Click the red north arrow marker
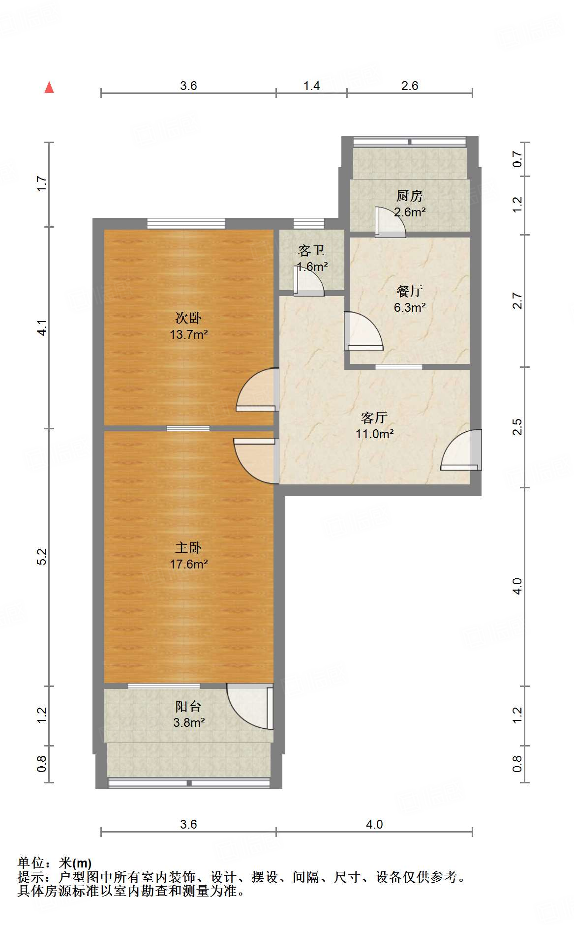pyautogui.click(x=49, y=88)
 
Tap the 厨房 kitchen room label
pyautogui.click(x=409, y=196)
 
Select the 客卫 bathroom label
pyautogui.click(x=311, y=251)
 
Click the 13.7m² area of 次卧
pyautogui.click(x=188, y=335)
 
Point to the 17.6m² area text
pyautogui.click(x=188, y=564)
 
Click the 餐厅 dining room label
pyautogui.click(x=409, y=291)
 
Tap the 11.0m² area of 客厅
pyautogui.click(x=374, y=434)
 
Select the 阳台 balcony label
pyautogui.click(x=188, y=707)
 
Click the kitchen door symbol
pyautogui.click(x=390, y=222)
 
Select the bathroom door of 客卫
pyautogui.click(x=308, y=281)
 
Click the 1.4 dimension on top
pyautogui.click(x=311, y=86)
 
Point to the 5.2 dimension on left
pyautogui.click(x=42, y=557)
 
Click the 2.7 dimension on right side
pyautogui.click(x=517, y=300)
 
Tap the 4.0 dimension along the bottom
pyautogui.click(x=374, y=824)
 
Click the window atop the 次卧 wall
pyautogui.click(x=186, y=224)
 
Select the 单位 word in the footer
pyautogui.click(x=31, y=863)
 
